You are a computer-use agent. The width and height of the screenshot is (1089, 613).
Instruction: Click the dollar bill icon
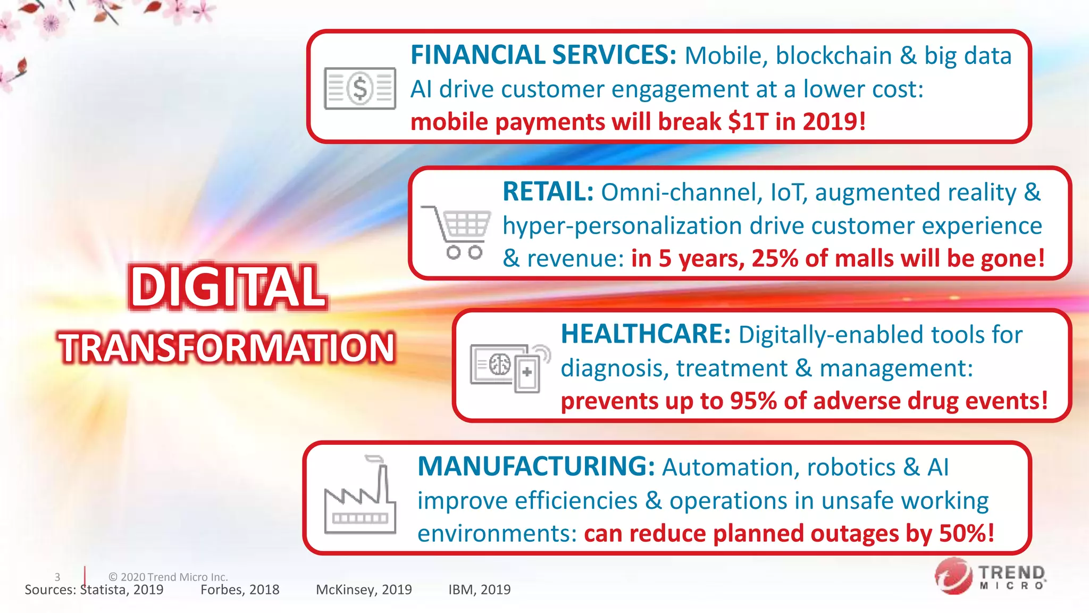(x=360, y=88)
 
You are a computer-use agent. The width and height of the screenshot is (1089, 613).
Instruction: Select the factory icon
(x=360, y=495)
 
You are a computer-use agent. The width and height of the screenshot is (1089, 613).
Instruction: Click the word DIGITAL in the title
(x=227, y=287)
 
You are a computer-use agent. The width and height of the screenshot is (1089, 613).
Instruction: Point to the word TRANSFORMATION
(x=227, y=347)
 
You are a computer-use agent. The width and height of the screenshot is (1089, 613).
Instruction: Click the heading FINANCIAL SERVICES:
(x=543, y=55)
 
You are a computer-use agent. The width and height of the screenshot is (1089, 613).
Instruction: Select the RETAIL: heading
(x=548, y=192)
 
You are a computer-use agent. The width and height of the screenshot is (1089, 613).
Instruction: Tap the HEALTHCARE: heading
(x=646, y=334)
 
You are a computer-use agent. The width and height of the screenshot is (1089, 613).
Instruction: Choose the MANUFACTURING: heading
(x=536, y=467)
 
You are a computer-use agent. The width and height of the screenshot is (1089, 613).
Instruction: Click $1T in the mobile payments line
(x=748, y=122)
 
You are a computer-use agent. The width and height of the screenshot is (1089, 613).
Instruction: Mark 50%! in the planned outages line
(x=966, y=533)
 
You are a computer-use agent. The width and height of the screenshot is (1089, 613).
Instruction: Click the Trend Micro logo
(x=990, y=576)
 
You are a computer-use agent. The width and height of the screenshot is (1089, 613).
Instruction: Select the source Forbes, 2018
(x=240, y=590)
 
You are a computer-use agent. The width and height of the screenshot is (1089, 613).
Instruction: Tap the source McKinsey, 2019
(x=364, y=590)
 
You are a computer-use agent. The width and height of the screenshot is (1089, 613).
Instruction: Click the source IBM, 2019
(x=479, y=590)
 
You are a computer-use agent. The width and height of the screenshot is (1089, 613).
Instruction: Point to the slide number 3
(x=57, y=577)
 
